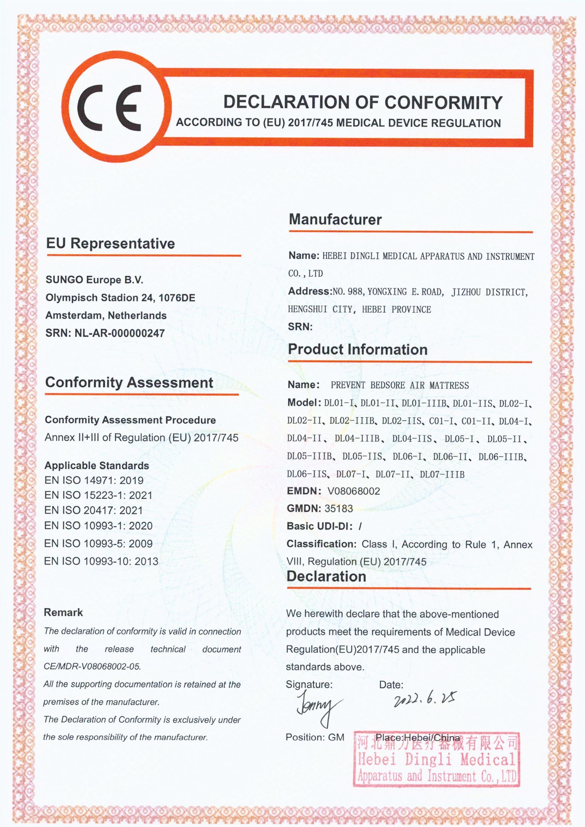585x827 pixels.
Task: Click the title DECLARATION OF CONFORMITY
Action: (363, 102)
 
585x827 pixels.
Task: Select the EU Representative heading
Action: (110, 243)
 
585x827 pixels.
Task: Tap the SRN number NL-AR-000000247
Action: (119, 333)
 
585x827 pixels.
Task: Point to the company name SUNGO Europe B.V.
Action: (94, 280)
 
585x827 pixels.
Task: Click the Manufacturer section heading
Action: (335, 219)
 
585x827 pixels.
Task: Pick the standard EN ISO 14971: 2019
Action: (94, 480)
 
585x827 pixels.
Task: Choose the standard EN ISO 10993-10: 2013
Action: (101, 561)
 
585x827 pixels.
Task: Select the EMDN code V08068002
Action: (353, 491)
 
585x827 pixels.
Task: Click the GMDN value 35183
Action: (338, 509)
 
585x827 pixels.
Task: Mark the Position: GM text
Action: (315, 737)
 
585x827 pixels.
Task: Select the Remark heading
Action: (63, 612)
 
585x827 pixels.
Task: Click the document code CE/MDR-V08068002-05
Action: (92, 666)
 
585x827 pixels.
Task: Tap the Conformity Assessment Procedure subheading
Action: (130, 420)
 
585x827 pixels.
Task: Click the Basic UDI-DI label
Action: (319, 526)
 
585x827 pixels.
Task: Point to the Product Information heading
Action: (358, 349)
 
